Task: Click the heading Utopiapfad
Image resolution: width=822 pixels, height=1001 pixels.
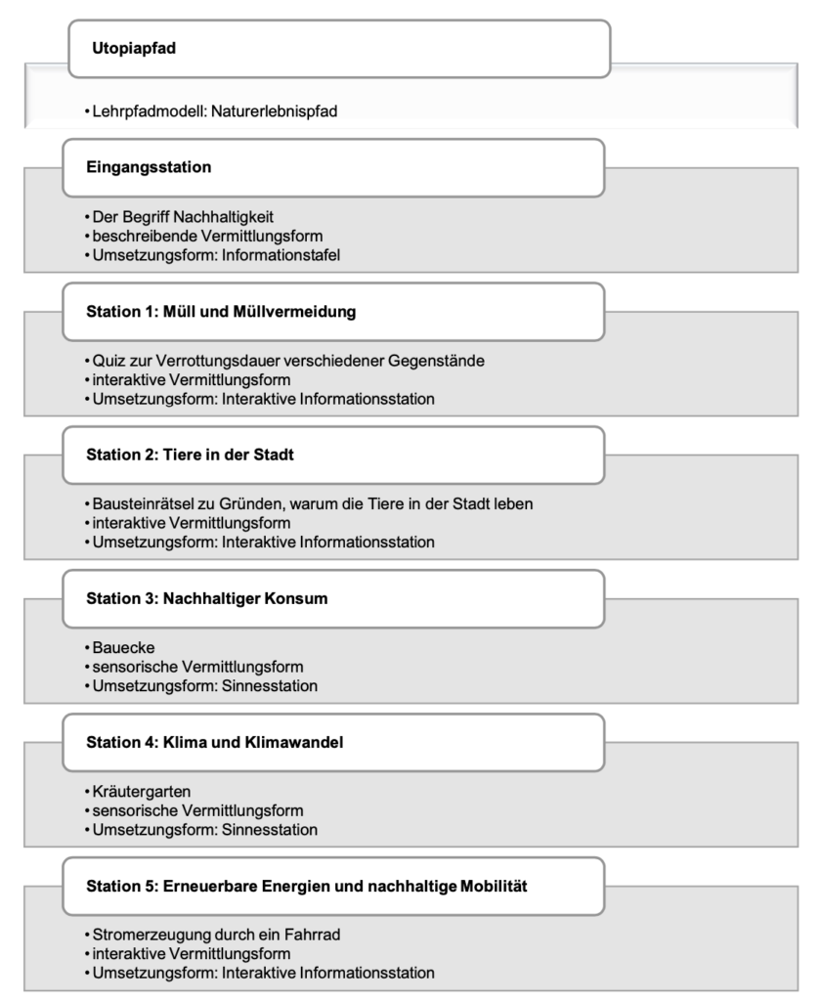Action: [x=134, y=49]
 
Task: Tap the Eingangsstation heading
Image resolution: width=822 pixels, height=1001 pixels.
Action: [x=149, y=167]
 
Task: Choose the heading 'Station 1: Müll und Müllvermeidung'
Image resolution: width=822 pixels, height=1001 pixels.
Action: [x=220, y=312]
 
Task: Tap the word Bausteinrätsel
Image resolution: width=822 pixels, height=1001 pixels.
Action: [x=143, y=504]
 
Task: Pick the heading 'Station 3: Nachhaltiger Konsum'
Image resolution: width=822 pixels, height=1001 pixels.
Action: [x=206, y=598]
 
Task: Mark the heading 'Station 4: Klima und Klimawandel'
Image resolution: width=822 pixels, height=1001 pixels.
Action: [x=214, y=742]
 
